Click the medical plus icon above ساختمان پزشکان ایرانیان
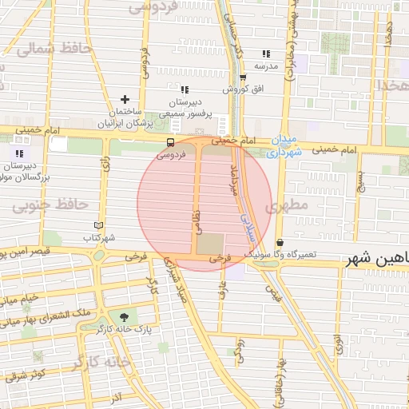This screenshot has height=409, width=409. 125,99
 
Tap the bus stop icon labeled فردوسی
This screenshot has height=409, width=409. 169,143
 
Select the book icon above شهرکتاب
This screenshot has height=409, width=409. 99,225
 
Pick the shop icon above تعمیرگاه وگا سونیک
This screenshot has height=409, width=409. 280,242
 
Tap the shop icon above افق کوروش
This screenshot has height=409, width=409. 243,77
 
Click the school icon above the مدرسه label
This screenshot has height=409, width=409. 266,54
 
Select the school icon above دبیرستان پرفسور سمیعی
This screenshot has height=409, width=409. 185,89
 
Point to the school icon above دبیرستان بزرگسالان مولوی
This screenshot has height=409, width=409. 18,153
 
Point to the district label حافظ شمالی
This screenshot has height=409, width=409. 54,50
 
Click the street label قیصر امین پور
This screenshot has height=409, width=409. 24,252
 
